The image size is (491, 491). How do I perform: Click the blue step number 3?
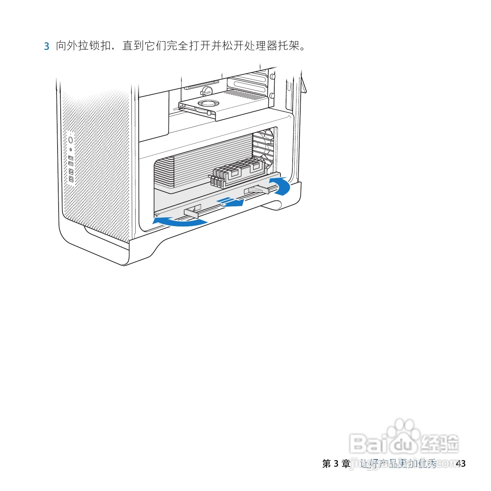click(46, 46)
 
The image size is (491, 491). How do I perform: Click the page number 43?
click(460, 463)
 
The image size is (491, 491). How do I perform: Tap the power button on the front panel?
click(71, 140)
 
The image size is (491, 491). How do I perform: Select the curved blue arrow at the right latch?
click(281, 186)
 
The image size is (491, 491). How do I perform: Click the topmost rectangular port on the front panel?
click(71, 158)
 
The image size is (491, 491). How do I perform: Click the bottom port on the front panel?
click(71, 179)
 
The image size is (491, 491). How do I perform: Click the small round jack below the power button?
click(71, 149)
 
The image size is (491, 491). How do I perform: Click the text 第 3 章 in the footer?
click(336, 463)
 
